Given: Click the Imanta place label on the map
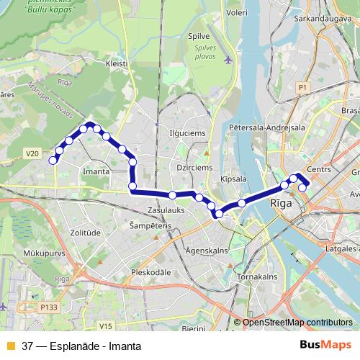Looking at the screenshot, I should (96, 172).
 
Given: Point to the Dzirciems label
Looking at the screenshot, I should (192, 167).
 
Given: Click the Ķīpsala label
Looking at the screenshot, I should (234, 179).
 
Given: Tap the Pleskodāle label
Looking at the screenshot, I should (150, 273).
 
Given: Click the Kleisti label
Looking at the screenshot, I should (117, 63).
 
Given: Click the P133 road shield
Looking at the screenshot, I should (49, 306).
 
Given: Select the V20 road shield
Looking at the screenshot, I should (30, 153).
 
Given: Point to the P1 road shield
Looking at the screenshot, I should (302, 87).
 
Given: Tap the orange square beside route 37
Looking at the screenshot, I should (10, 345).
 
